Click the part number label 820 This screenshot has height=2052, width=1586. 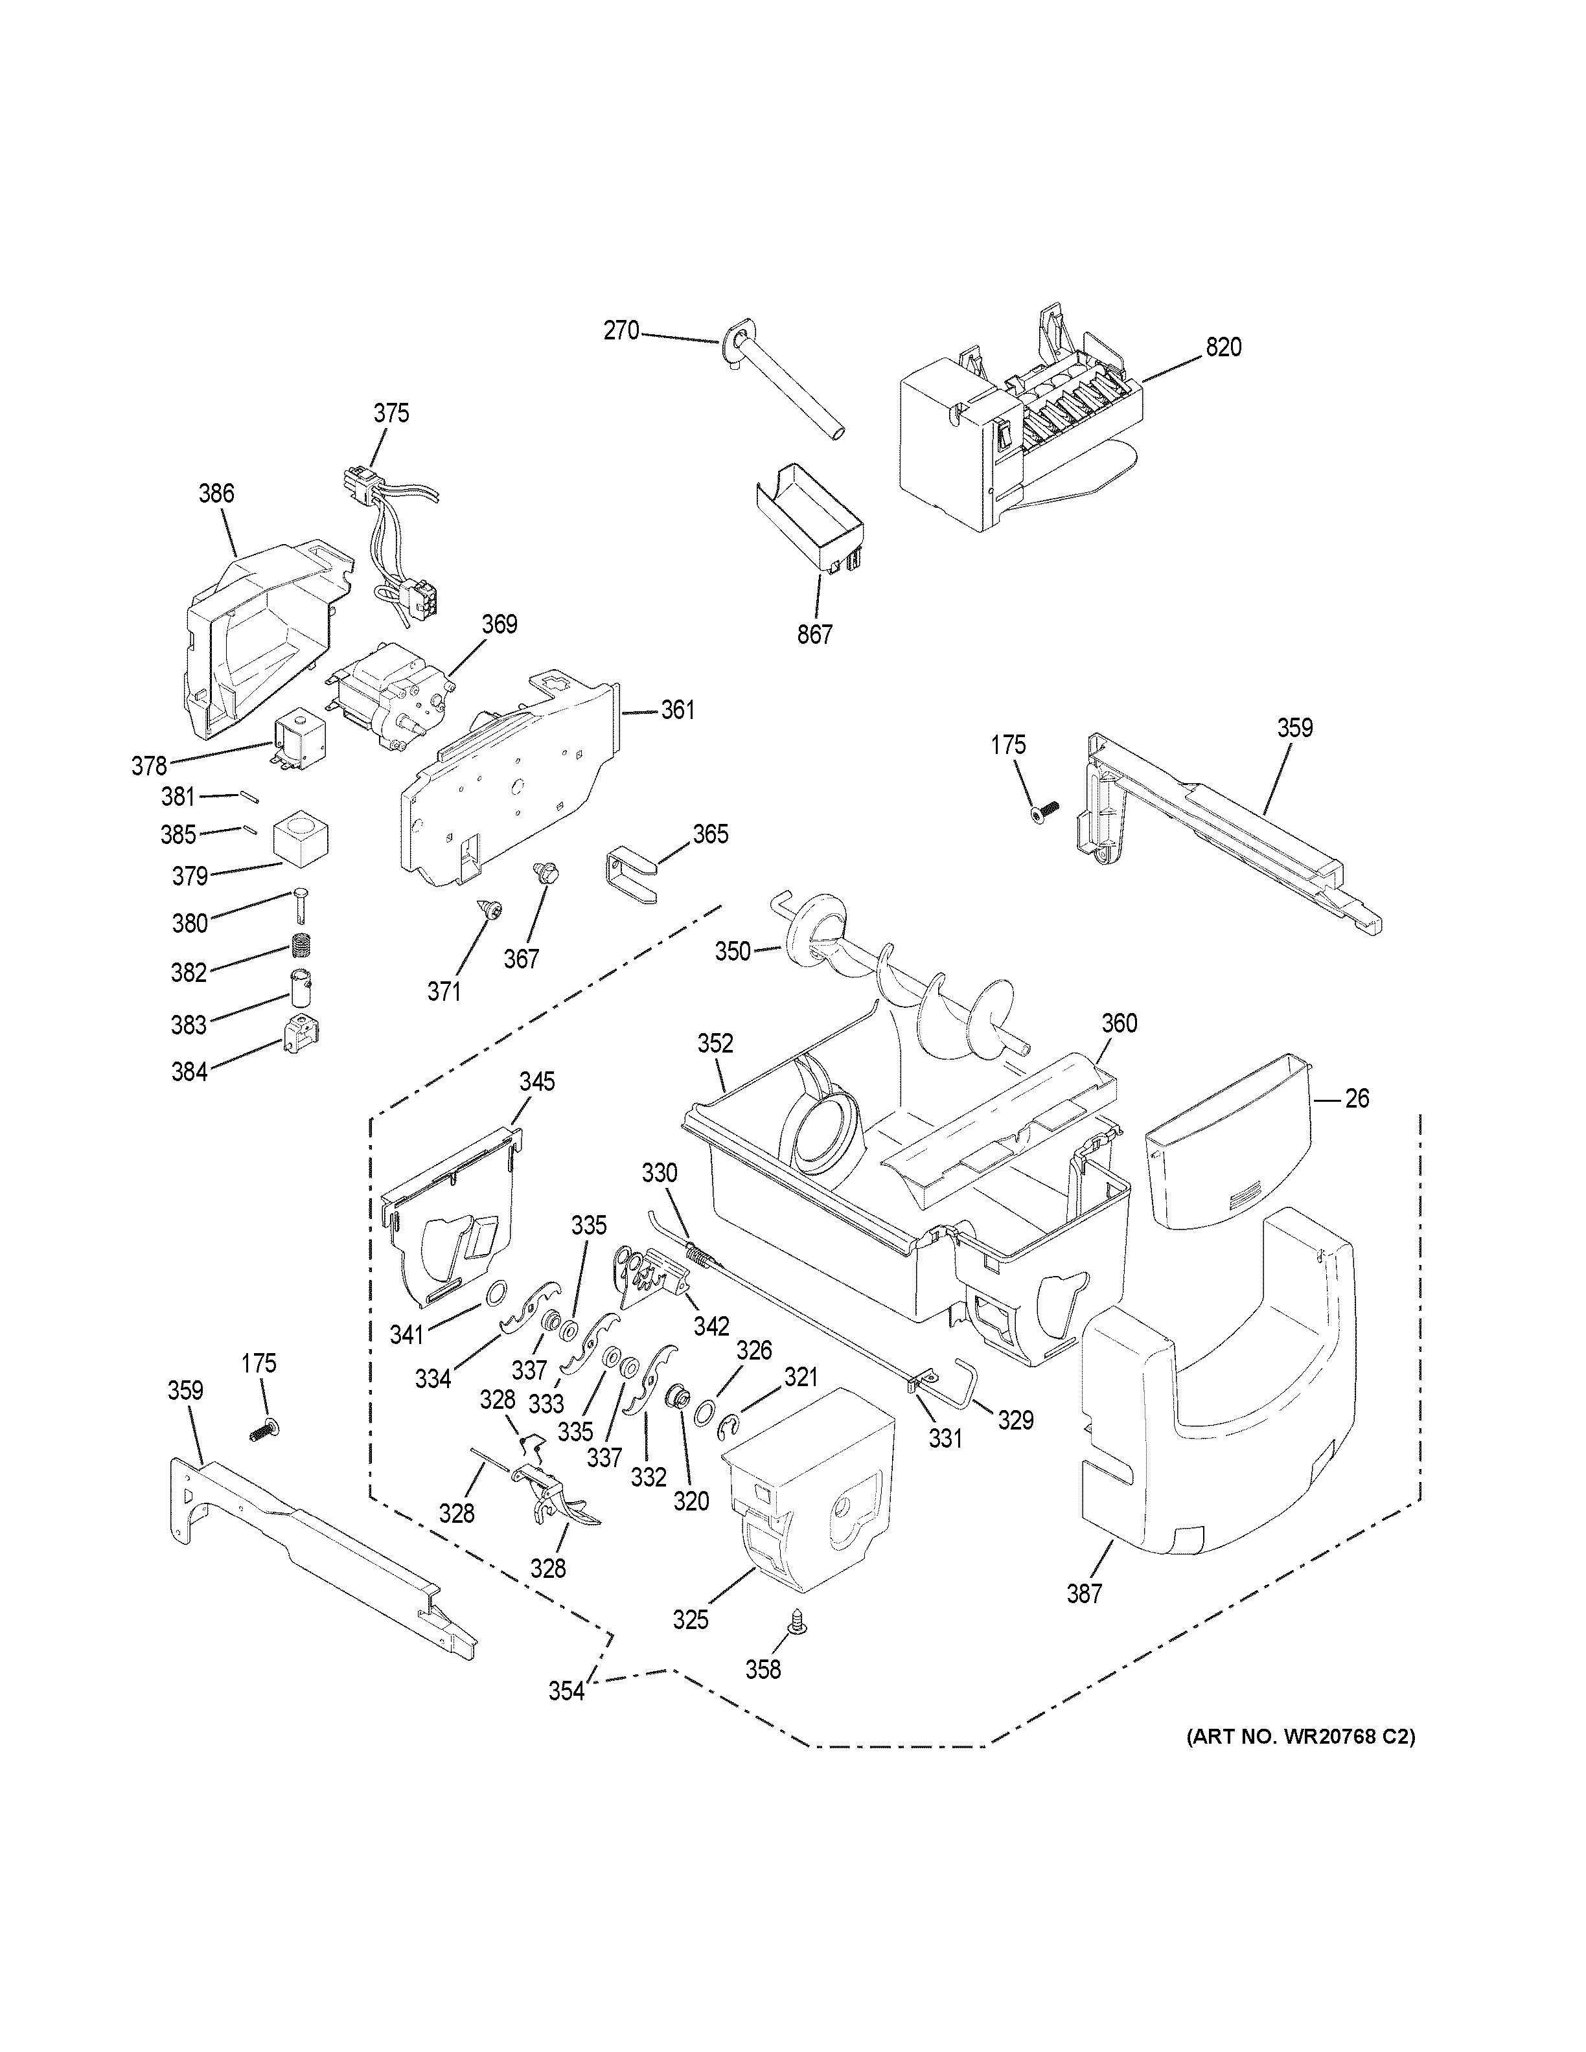[x=1223, y=348]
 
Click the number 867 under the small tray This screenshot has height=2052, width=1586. [x=814, y=635]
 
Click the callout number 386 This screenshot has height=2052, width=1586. [x=216, y=494]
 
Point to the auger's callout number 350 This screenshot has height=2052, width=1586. [x=733, y=952]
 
